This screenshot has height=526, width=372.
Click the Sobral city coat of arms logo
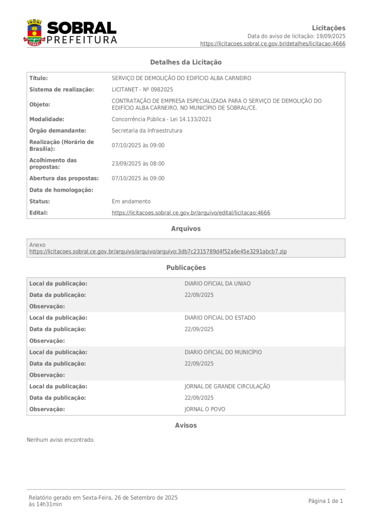pos(34,32)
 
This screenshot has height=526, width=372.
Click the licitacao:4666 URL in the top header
pos(272,44)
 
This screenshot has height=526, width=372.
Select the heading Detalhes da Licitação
pos(186,62)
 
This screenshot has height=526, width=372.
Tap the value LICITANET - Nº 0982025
pos(142,89)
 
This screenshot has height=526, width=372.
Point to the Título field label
pos(38,78)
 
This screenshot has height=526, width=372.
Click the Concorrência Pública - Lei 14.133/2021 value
pos(161,119)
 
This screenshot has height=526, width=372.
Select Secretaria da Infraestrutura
pos(147,130)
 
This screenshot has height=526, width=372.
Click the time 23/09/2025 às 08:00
pos(138,164)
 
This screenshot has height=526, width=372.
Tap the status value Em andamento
pos(131,201)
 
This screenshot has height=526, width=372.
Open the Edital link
pos(191,213)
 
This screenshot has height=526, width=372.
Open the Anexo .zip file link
pos(158,252)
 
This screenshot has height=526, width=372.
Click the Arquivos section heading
pos(186,229)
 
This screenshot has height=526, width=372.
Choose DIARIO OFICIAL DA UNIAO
pos(218,284)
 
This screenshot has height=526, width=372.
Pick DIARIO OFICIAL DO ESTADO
pos(220,318)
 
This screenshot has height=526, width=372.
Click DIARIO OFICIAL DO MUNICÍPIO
pos(223,352)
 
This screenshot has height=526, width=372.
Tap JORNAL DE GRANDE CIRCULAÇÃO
pos(227,386)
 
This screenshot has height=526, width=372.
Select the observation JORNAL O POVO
pos(205,409)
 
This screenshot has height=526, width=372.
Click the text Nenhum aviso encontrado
pos(61,440)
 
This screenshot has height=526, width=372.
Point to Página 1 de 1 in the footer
pos(325,501)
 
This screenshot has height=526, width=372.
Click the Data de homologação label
pos(61,190)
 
